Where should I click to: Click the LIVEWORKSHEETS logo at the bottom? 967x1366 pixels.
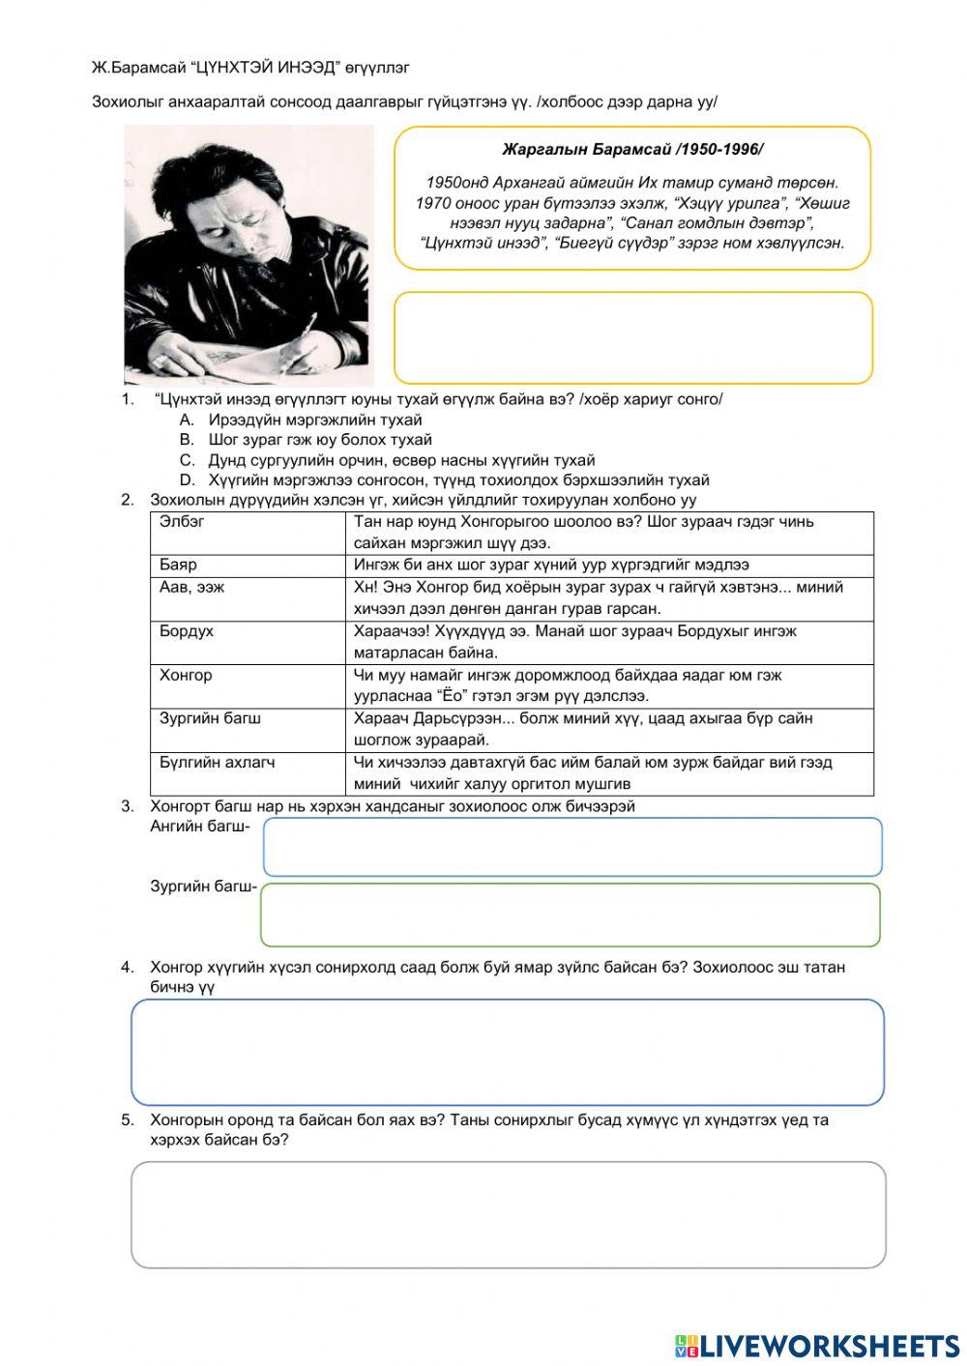(x=817, y=1345)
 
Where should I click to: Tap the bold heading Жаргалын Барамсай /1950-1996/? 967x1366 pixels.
(x=632, y=150)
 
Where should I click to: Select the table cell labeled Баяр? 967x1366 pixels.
(x=248, y=566)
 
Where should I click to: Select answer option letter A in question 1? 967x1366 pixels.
(x=188, y=421)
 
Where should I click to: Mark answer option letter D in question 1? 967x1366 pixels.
(x=188, y=480)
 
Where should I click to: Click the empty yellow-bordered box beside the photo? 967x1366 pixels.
(x=632, y=338)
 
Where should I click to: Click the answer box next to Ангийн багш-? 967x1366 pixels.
(x=572, y=847)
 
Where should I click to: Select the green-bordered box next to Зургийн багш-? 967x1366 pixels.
(x=571, y=915)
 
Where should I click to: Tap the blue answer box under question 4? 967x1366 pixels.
(x=508, y=1052)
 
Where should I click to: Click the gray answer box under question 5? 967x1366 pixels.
(x=509, y=1214)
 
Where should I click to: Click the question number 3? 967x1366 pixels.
(x=128, y=806)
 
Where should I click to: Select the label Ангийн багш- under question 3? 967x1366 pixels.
(x=200, y=827)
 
